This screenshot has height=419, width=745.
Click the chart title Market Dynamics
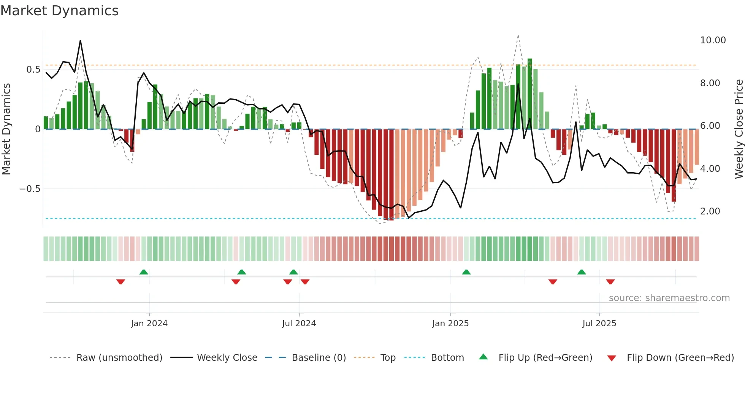[x=59, y=11]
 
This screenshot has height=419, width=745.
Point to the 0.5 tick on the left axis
[x=33, y=70]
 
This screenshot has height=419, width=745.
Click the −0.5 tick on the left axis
[x=30, y=189]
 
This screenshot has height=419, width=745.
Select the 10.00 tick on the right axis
[x=713, y=40]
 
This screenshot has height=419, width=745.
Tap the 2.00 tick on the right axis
[x=710, y=211]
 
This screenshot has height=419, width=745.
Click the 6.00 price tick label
[x=710, y=126]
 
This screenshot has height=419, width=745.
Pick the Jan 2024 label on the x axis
[x=149, y=324]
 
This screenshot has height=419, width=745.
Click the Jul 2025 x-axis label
[x=599, y=324]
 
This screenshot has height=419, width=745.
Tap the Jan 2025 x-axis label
[x=450, y=324]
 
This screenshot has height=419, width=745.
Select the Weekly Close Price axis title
[x=739, y=129]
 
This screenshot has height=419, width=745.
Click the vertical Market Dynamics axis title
[x=6, y=129]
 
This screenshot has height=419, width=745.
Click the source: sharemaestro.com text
[x=669, y=298]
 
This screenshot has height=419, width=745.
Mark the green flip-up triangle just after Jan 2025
[x=466, y=272]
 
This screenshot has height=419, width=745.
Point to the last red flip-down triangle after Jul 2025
[x=610, y=282]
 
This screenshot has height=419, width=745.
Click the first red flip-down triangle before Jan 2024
[x=120, y=282]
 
